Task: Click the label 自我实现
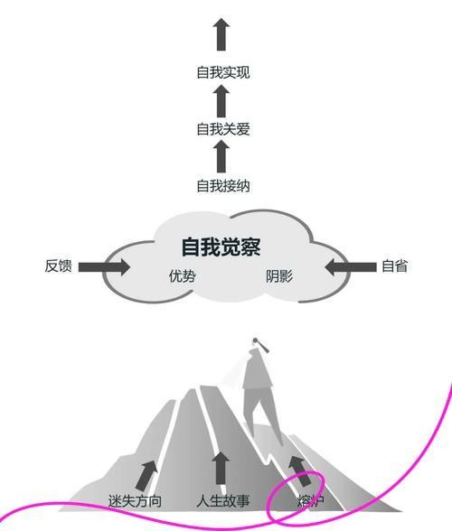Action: (x=223, y=72)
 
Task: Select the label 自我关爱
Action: (x=223, y=129)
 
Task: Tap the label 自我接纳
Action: (x=223, y=186)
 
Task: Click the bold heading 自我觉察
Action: (x=221, y=247)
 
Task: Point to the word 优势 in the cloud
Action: (x=183, y=276)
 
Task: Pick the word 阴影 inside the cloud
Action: (x=279, y=276)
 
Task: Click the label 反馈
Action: (x=59, y=265)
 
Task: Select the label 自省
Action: (x=394, y=265)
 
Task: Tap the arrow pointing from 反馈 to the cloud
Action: (x=104, y=267)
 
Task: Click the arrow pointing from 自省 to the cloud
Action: (x=351, y=267)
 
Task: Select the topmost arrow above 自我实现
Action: (x=221, y=34)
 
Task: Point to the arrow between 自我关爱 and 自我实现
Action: (x=221, y=101)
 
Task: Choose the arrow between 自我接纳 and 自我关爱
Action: (x=221, y=156)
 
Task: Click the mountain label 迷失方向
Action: (x=135, y=501)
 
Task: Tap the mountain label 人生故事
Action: (x=223, y=501)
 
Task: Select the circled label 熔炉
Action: (x=311, y=501)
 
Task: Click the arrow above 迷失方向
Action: (x=146, y=475)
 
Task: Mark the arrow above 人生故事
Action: (x=221, y=469)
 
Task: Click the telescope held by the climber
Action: (x=262, y=345)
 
